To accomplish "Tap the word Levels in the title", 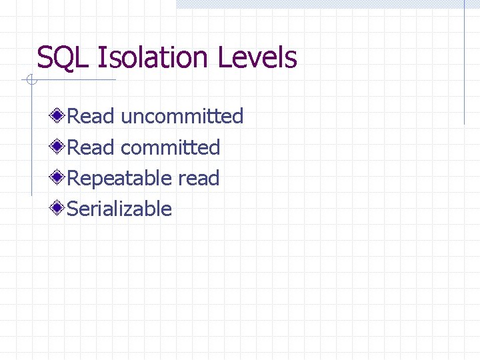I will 257,58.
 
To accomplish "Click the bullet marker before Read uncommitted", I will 59,117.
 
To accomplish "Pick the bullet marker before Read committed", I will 59,147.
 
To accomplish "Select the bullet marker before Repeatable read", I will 59,178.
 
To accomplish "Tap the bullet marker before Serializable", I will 59,209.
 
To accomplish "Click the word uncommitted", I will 182,117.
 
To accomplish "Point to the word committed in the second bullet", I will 171,147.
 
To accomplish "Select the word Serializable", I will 120,209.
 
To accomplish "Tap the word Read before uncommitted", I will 91,117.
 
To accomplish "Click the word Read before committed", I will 91,147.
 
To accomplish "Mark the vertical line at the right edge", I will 464,67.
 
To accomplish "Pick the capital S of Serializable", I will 73,209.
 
